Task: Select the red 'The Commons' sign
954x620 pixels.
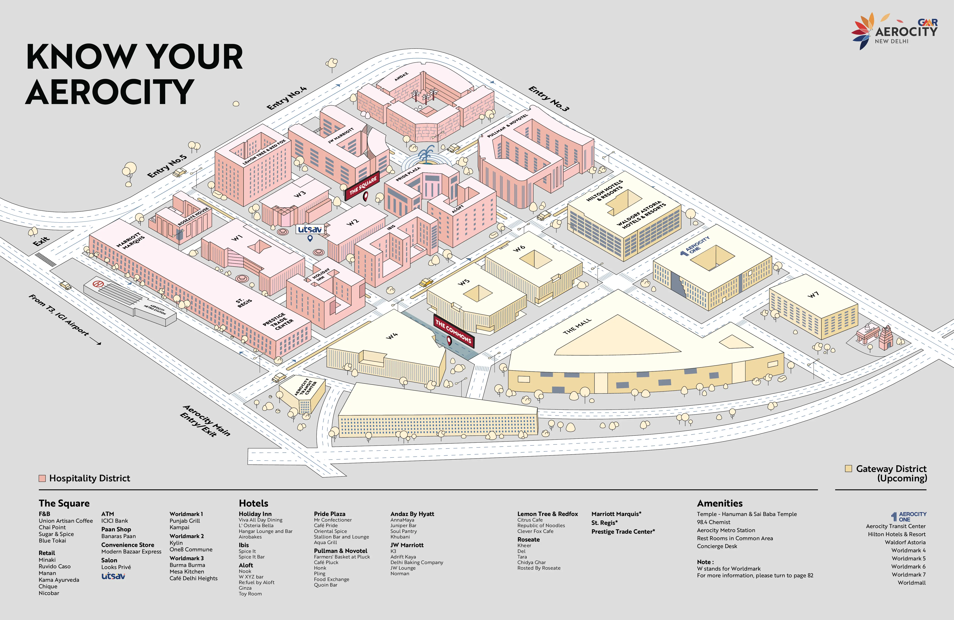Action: tap(453, 331)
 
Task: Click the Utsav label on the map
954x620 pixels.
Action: tap(309, 230)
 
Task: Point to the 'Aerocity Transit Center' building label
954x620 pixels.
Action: tap(305, 387)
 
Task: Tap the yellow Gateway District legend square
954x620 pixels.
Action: tap(848, 468)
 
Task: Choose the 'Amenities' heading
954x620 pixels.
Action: tap(720, 503)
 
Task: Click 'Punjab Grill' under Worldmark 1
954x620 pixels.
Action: tap(184, 521)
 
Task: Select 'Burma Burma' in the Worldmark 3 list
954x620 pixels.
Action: tap(187, 565)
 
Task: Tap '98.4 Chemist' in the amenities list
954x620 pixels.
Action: tap(713, 522)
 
